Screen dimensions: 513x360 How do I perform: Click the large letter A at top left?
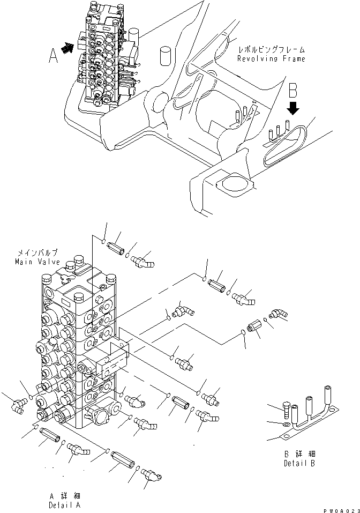(x=53, y=56)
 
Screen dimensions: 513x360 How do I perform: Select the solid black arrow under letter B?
(x=292, y=110)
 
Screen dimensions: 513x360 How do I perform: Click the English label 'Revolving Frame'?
(x=272, y=59)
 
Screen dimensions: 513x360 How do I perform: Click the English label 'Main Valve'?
(x=37, y=262)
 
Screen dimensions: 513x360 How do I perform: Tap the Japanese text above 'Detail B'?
(x=299, y=453)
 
